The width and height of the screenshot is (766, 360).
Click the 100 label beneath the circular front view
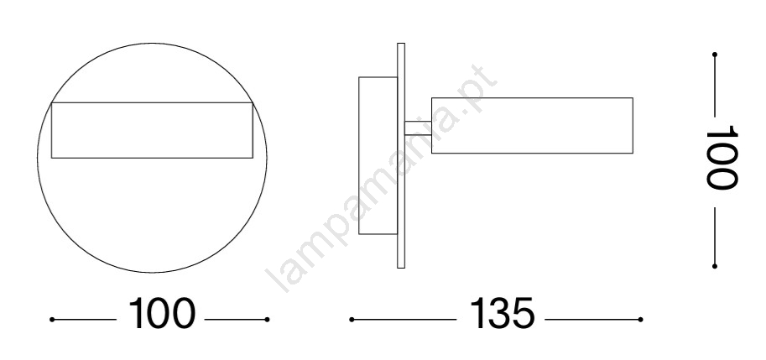pos(162,313)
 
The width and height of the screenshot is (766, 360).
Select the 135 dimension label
pos(503,313)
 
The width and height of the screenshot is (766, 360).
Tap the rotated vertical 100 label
pos(722,157)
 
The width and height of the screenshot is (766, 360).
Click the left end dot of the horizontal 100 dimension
pos(52,320)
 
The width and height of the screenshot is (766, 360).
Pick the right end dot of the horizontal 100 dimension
pos(268,320)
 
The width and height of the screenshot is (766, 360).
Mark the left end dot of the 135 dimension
pos(352,320)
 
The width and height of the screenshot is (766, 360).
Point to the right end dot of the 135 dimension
pos(640,320)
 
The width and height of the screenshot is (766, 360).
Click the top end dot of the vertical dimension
pos(715,55)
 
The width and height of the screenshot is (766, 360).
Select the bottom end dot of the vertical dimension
pos(715,266)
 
